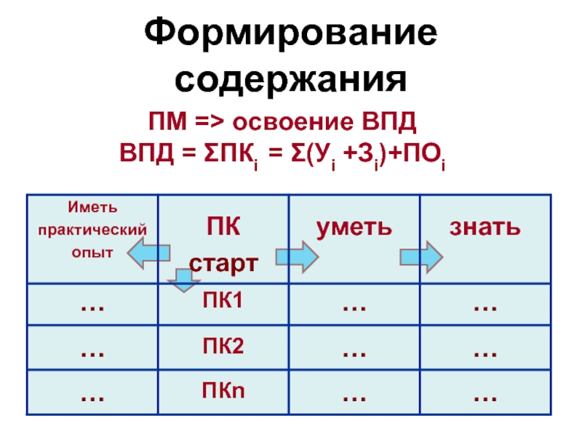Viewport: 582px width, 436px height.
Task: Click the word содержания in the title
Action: click(x=291, y=78)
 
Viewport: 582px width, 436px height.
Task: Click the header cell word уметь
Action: click(x=354, y=227)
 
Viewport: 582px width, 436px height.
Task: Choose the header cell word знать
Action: click(x=485, y=227)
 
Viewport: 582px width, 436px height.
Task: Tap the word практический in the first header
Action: click(x=92, y=231)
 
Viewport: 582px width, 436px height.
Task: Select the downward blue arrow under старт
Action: click(x=180, y=280)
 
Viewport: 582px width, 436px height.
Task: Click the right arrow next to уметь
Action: click(x=298, y=255)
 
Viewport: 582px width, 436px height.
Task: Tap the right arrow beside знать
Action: click(x=421, y=255)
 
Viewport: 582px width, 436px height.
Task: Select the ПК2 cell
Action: click(x=223, y=347)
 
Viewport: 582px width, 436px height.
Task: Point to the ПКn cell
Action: click(x=223, y=392)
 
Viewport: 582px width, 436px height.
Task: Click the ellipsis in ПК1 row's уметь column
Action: click(x=354, y=307)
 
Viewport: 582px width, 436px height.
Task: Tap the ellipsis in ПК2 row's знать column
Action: click(x=485, y=352)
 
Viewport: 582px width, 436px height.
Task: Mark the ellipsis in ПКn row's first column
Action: click(x=92, y=397)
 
